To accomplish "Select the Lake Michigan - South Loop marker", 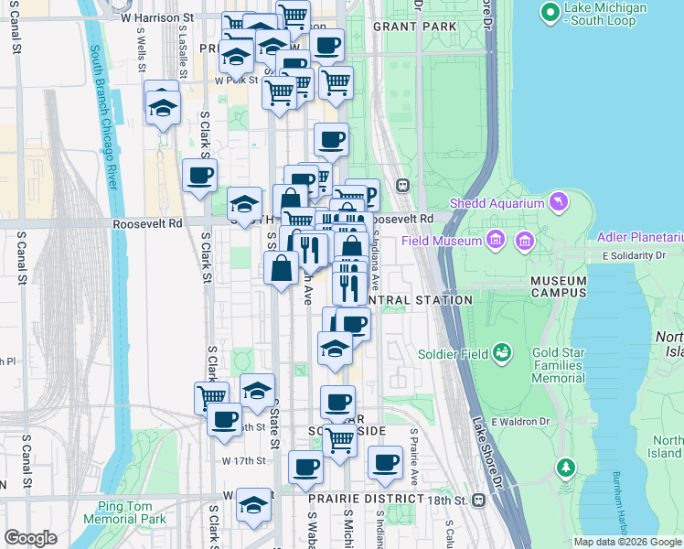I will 550,13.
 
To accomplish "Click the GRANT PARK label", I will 414,27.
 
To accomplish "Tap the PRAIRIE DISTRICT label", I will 366,499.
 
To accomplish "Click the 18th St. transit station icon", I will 478,501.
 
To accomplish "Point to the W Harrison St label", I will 157,17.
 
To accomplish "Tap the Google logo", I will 31,538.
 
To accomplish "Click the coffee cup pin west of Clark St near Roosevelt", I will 198,174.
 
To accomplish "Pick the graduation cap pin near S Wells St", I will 162,107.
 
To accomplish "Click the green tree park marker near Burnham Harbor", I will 566,468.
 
